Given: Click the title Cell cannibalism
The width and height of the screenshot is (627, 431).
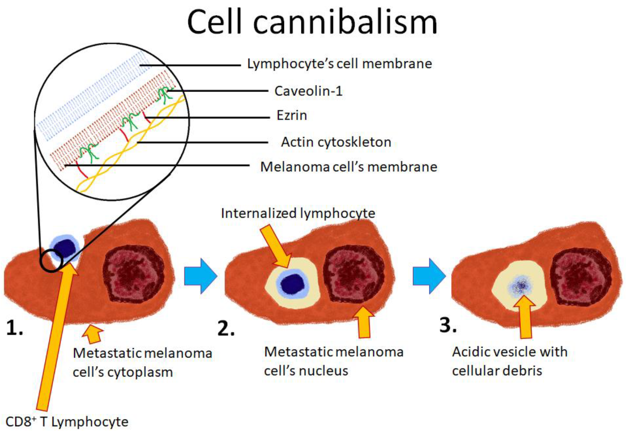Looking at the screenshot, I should coord(312,22).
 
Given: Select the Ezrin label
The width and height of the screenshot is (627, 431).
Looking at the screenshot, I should coord(292,116).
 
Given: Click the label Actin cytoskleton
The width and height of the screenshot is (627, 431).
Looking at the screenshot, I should coord(336,142).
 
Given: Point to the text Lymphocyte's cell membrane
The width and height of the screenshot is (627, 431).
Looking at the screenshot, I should coord(339,64).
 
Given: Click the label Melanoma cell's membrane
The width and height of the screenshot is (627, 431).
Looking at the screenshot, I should coord(349,167).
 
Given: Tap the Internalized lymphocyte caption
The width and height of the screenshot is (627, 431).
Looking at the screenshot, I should coord(298,213).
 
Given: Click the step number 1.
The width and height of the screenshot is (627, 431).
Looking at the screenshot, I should coord(14,328).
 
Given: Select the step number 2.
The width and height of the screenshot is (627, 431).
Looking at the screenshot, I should coord(225,329).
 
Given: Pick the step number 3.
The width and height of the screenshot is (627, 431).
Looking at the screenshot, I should coord(448,325).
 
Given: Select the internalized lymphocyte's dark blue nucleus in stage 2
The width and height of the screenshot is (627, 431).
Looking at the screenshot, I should coord(292,283).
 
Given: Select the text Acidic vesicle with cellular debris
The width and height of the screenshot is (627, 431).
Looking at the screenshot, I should coord(509,361).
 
